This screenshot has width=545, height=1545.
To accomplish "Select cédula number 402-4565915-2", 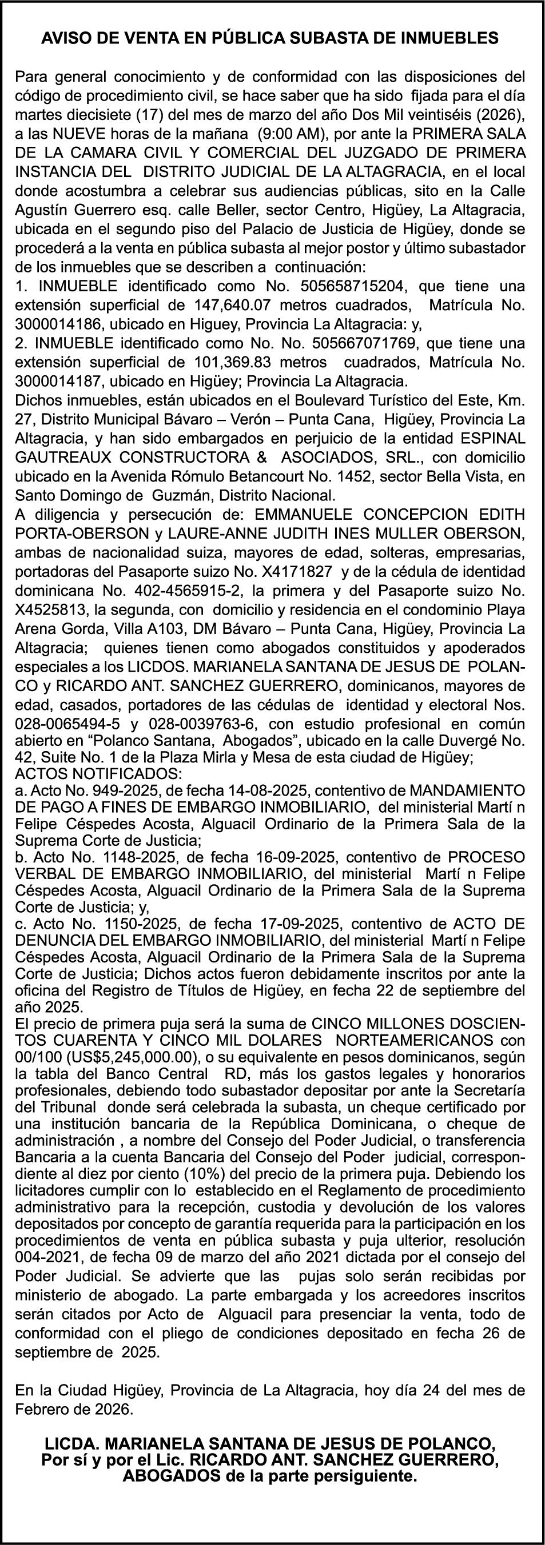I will pyautogui.click(x=194, y=591).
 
